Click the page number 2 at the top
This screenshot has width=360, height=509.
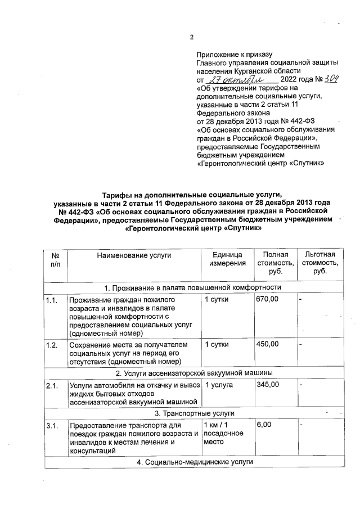(192, 37)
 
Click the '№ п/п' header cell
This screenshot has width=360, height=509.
(55, 259)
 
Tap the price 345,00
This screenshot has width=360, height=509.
(267, 385)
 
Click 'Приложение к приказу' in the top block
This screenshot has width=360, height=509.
(234, 55)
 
